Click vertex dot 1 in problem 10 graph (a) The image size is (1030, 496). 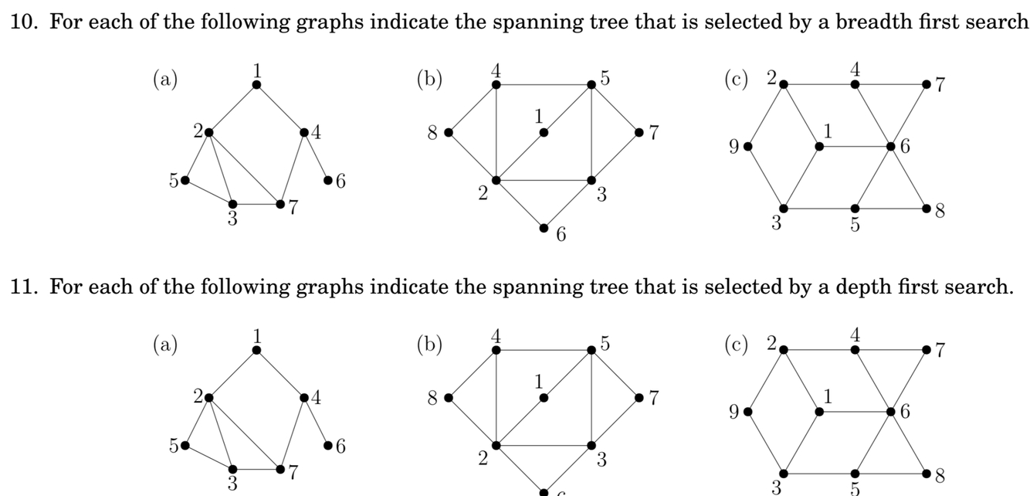coord(256,84)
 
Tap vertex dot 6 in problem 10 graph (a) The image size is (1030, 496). coord(328,180)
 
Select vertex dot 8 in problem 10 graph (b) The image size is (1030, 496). coord(448,132)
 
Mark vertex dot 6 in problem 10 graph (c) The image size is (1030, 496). coord(890,145)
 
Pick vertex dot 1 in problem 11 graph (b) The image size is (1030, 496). coord(544,398)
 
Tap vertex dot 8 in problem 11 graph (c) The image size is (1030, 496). coord(926,473)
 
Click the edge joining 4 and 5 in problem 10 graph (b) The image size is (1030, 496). coord(544,84)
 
